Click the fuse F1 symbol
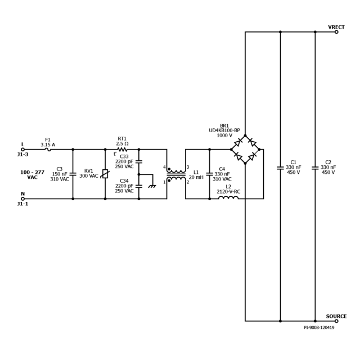click(x=48, y=150)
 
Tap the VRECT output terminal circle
click(x=336, y=32)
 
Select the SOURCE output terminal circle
click(x=336, y=321)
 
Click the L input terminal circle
click(x=22, y=150)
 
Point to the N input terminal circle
click(x=22, y=199)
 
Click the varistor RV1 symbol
click(x=105, y=174)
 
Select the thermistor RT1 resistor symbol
click(x=122, y=150)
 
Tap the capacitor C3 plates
click(x=73, y=174)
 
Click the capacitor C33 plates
click(x=139, y=161)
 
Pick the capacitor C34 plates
click(x=139, y=186)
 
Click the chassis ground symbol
click(x=152, y=186)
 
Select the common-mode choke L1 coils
click(x=176, y=175)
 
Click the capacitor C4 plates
click(x=209, y=174)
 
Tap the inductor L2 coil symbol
click(x=228, y=197)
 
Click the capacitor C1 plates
click(x=280, y=168)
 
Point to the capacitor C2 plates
click(x=315, y=168)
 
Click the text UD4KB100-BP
click(x=224, y=130)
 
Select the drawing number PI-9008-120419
click(x=319, y=327)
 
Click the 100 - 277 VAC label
click(x=33, y=175)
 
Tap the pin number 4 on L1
click(x=164, y=167)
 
